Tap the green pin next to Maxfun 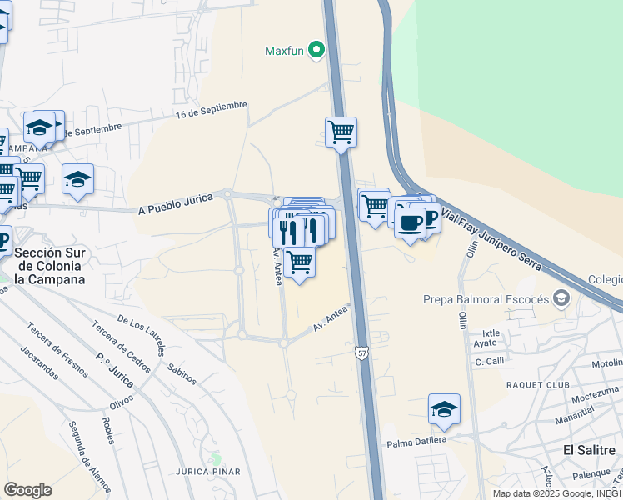(316, 51)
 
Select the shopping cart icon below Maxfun (341, 132)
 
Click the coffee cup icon (410, 222)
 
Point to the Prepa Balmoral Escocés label (486, 299)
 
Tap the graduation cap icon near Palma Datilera (445, 409)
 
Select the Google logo (27, 489)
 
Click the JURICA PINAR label (208, 472)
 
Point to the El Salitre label (590, 450)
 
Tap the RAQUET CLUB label (538, 384)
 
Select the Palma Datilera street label (416, 440)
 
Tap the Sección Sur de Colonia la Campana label (50, 266)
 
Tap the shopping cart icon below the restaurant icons (299, 262)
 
